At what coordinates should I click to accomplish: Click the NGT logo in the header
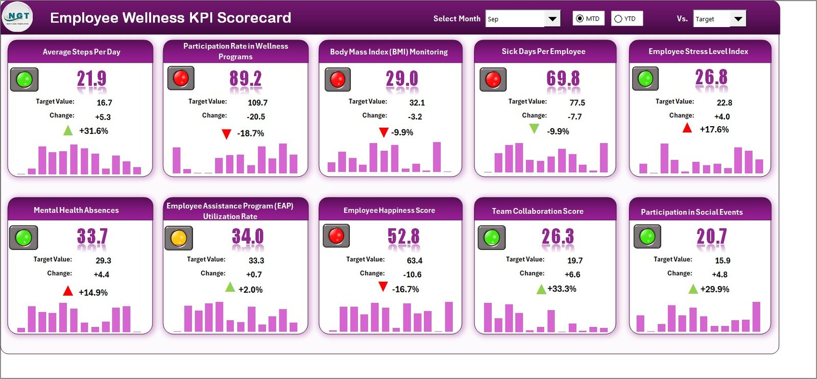pos(17,17)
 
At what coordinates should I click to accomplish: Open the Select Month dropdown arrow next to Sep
pos(552,19)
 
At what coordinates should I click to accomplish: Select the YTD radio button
pos(618,19)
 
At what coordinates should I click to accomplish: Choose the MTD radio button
pos(580,19)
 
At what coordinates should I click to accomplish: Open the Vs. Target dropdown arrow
pos(738,19)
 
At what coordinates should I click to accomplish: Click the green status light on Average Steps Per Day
pos(24,79)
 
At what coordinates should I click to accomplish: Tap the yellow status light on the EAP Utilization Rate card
pos(178,238)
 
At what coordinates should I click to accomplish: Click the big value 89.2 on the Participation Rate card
pos(245,79)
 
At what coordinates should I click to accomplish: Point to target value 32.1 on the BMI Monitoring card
pos(417,103)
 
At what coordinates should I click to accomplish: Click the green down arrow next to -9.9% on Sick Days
pos(534,129)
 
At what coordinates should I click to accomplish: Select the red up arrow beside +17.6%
pos(687,128)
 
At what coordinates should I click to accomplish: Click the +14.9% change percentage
pos(93,293)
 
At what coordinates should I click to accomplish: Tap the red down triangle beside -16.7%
pos(383,287)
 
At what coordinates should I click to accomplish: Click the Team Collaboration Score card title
pos(537,211)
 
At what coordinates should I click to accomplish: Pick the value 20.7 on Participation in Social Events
pos(711,236)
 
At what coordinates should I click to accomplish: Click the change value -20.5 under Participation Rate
pos(255,117)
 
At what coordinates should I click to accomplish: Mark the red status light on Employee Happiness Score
pos(336,235)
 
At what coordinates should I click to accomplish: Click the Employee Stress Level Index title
pos(698,52)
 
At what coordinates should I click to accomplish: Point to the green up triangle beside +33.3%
pos(541,290)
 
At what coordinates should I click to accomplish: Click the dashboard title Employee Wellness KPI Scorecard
pos(171,18)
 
